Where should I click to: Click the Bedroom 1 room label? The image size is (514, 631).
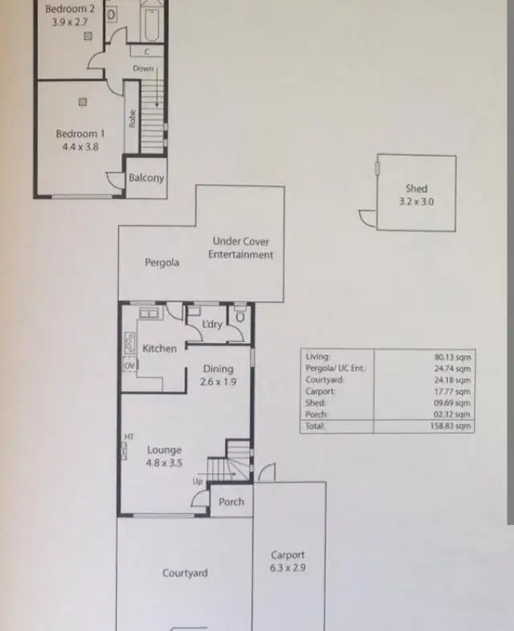(x=80, y=134)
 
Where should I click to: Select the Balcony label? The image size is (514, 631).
(x=146, y=178)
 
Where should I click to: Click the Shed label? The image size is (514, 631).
(x=416, y=189)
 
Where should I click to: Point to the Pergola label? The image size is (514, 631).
(x=161, y=263)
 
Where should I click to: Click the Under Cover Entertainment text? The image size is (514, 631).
(x=240, y=248)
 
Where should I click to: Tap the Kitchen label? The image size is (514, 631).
(x=159, y=348)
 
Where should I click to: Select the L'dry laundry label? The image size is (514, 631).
(x=212, y=324)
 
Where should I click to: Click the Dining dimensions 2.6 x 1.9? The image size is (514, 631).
(x=218, y=382)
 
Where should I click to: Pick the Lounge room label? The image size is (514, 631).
(x=165, y=450)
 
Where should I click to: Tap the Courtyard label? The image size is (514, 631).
(x=185, y=573)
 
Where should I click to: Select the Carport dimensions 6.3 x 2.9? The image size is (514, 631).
(x=287, y=568)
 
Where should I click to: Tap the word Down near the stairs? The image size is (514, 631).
(x=143, y=69)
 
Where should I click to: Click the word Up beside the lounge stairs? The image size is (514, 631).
(x=198, y=481)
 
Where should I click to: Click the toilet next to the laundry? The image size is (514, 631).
(x=239, y=315)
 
